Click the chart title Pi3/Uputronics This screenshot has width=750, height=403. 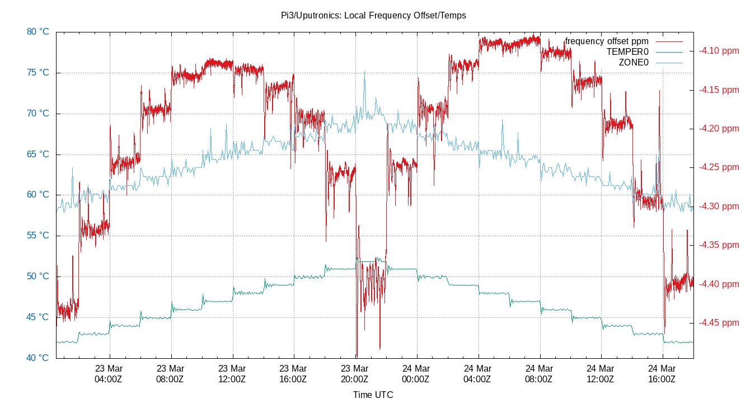pyautogui.click(x=373, y=16)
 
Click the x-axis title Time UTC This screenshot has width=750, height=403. pyautogui.click(x=373, y=395)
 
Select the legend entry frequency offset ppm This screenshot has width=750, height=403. pyautogui.click(x=607, y=41)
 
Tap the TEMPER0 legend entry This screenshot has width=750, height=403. pyautogui.click(x=627, y=52)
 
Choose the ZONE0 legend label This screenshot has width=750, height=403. pyautogui.click(x=634, y=63)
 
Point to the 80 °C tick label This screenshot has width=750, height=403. pyautogui.click(x=38, y=32)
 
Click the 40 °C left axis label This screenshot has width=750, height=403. pyautogui.click(x=38, y=358)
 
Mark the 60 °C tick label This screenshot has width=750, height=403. pyautogui.click(x=38, y=195)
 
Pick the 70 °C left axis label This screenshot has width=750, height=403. pyautogui.click(x=38, y=114)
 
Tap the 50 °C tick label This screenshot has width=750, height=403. pyautogui.click(x=38, y=277)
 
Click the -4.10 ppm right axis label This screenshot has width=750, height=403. pyautogui.click(x=719, y=51)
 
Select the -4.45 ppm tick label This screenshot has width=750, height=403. pyautogui.click(x=719, y=323)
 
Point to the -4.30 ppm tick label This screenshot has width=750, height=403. pyautogui.click(x=719, y=207)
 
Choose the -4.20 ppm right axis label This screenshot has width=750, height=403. pyautogui.click(x=719, y=129)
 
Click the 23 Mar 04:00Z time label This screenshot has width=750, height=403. pyautogui.click(x=109, y=373)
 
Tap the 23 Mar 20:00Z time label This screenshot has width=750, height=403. pyautogui.click(x=355, y=373)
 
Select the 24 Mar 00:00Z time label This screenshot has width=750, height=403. pyautogui.click(x=416, y=373)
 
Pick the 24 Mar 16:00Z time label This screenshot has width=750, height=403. pyautogui.click(x=662, y=373)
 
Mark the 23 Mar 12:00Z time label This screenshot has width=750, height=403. pyautogui.click(x=232, y=373)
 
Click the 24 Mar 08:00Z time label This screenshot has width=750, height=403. pyautogui.click(x=540, y=373)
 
